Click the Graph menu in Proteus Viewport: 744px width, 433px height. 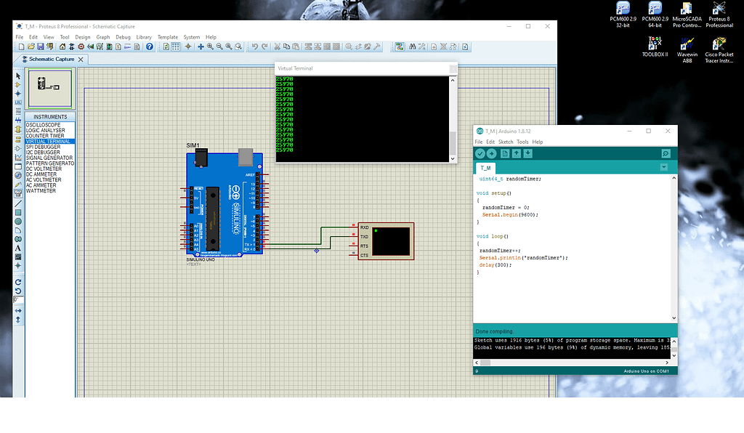[x=103, y=37]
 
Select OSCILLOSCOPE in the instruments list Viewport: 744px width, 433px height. [x=44, y=125]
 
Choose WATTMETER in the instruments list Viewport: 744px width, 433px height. [x=41, y=191]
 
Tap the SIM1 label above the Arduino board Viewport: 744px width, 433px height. [x=193, y=146]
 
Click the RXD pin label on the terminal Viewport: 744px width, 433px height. [x=364, y=227]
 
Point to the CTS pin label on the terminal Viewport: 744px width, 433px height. [x=364, y=255]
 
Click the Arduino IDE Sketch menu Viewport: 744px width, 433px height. [x=505, y=142]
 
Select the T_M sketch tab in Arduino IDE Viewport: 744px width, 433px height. [x=486, y=168]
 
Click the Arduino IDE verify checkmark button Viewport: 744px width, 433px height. [x=480, y=154]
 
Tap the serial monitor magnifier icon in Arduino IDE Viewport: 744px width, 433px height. [x=666, y=154]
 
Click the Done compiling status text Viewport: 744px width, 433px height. [x=494, y=331]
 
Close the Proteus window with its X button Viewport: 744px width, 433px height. [x=547, y=26]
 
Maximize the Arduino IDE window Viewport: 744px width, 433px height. [x=649, y=131]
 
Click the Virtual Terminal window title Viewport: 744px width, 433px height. [x=295, y=68]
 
